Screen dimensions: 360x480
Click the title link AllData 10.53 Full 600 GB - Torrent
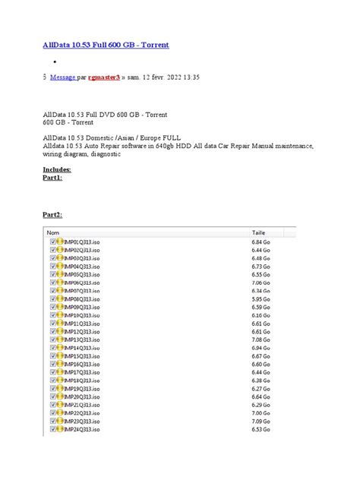tap(106, 46)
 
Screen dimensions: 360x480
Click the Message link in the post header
tap(62, 77)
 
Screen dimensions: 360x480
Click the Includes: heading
tap(58, 170)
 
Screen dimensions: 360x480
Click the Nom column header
tap(54, 232)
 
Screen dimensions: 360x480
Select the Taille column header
tap(259, 232)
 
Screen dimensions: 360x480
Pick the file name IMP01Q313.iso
tap(82, 241)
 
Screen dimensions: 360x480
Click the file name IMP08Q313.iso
tap(82, 300)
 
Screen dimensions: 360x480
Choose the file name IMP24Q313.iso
tap(82, 430)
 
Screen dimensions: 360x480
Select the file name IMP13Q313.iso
tap(82, 340)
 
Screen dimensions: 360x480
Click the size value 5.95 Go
tap(261, 300)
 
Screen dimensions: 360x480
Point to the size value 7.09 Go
tap(261, 422)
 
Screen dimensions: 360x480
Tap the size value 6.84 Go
tap(261, 241)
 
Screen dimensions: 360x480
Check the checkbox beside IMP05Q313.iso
tap(53, 274)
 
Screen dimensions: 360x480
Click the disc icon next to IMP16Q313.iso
tap(60, 365)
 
